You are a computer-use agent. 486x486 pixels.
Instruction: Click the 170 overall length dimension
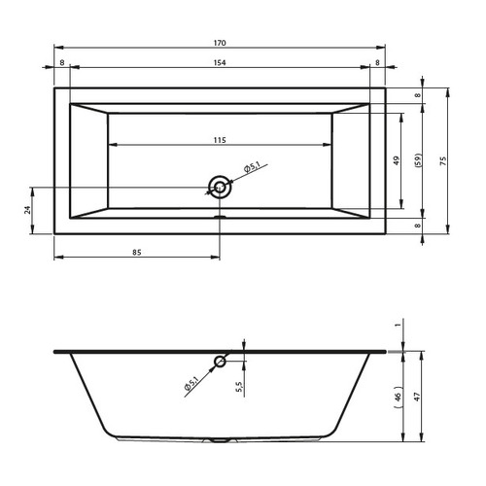click(x=220, y=43)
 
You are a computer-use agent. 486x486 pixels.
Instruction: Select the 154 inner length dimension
click(x=220, y=62)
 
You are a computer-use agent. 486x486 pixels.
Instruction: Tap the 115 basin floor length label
click(x=220, y=140)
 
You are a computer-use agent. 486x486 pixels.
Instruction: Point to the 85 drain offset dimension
click(x=137, y=252)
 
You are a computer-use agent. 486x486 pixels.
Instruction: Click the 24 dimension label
click(x=27, y=210)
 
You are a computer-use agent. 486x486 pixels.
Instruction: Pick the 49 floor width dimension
click(x=397, y=160)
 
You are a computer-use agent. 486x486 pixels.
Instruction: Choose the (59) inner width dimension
click(x=418, y=160)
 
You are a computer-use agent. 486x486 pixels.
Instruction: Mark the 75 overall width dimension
click(x=443, y=160)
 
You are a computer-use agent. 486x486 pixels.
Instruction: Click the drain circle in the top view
click(x=220, y=188)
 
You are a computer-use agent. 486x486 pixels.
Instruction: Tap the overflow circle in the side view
click(x=220, y=361)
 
